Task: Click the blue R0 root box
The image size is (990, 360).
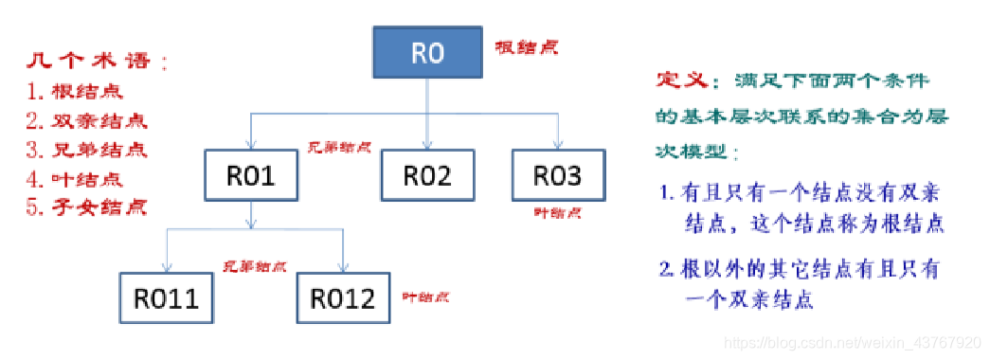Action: coord(427,53)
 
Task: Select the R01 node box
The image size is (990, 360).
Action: coord(251,174)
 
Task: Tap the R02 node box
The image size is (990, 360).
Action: coord(426,174)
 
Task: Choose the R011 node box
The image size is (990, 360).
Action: coord(166,298)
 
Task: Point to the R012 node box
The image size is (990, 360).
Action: coord(342,298)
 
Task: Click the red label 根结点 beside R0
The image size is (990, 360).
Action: coord(525,47)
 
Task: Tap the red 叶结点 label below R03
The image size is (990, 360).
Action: coord(558,214)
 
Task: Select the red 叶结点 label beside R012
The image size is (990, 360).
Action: coord(425,297)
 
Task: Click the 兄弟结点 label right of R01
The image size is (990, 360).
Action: coord(338,149)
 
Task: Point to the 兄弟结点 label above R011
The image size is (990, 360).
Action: coord(254,267)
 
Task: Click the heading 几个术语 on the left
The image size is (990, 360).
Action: coord(95,63)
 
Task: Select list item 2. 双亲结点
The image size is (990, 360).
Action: coord(86,121)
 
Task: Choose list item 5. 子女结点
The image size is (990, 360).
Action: coord(86,207)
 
